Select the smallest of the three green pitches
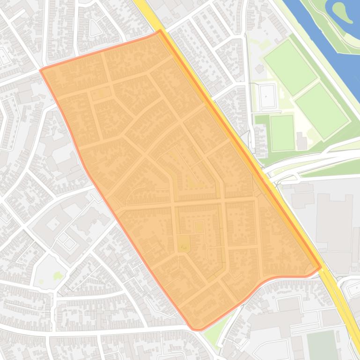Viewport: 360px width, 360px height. pyautogui.click(x=282, y=133)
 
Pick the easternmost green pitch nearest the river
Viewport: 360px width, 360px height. pyautogui.click(x=322, y=111)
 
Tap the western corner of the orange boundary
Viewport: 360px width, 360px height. pyautogui.click(x=41, y=71)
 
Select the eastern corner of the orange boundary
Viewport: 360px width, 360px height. pyautogui.click(x=321, y=268)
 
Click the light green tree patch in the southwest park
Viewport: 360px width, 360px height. pyautogui.click(x=57, y=276)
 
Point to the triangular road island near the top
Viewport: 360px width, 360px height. pyautogui.click(x=96, y=29)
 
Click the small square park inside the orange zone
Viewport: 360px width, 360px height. pyautogui.click(x=184, y=243)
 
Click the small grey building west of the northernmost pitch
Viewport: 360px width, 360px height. pyautogui.click(x=259, y=69)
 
